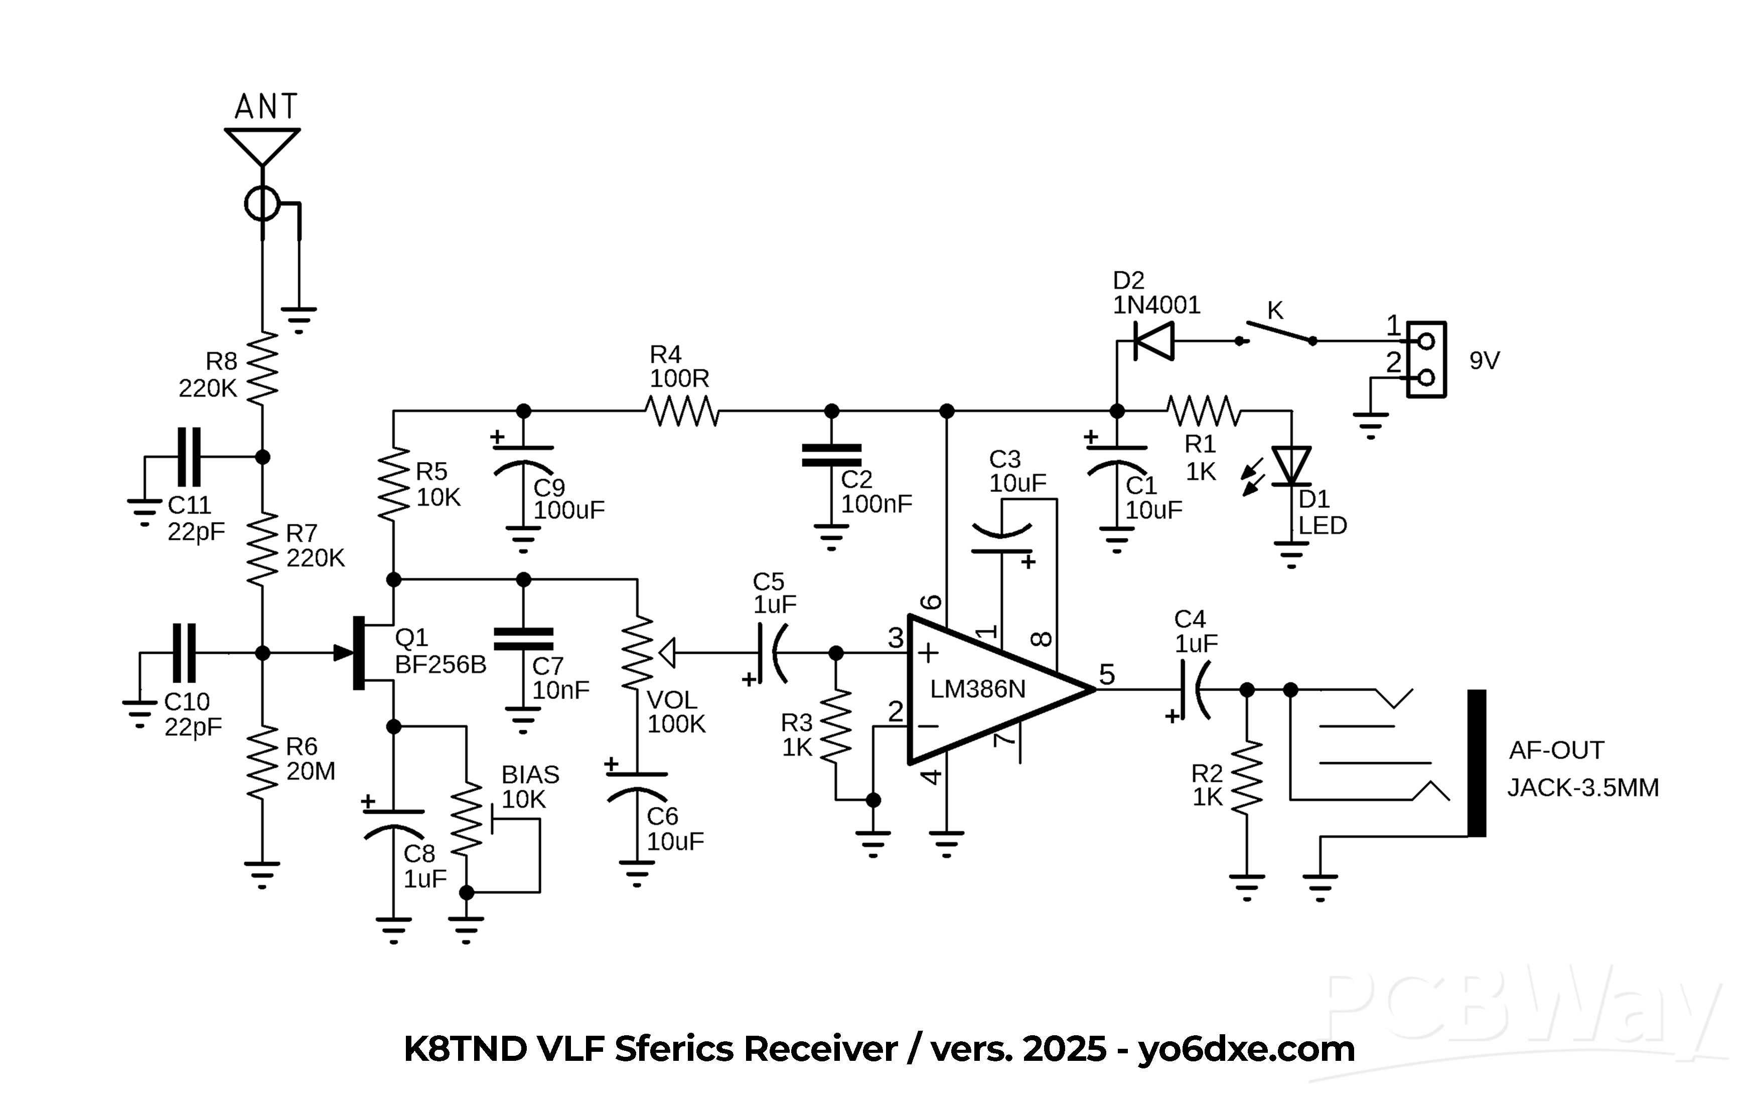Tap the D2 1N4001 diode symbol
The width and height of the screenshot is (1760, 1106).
(1153, 341)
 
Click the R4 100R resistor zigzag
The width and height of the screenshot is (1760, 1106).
(682, 411)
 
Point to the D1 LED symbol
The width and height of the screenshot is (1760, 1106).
(1291, 466)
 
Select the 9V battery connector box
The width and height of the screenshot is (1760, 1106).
(1426, 360)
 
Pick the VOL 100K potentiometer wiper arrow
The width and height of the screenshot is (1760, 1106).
(667, 653)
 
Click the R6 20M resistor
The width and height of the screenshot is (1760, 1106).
(262, 762)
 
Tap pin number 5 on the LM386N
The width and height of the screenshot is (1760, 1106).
(1107, 674)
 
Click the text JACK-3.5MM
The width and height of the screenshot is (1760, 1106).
(1583, 788)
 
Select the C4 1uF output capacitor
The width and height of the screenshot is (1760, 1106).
(1192, 689)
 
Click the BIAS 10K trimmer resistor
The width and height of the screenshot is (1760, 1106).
(466, 819)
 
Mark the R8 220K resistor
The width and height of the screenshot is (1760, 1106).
(262, 368)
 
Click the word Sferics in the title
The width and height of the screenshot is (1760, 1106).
(674, 1049)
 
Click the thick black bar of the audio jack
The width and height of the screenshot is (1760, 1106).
(1477, 762)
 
